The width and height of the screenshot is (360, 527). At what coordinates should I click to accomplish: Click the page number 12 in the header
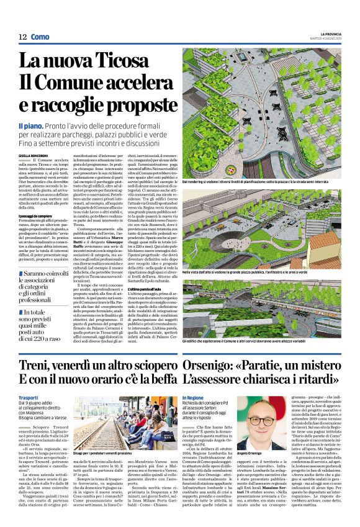coord(22,37)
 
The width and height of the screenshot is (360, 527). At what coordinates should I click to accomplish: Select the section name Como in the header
coord(40,37)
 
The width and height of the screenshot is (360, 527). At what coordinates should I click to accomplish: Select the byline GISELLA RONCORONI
coord(33,155)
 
